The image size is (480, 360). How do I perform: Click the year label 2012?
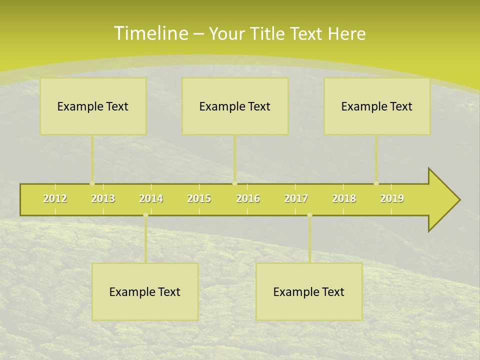coord(55,198)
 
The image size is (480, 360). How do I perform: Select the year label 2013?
coord(103,198)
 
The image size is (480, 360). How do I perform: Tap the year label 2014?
coord(151,198)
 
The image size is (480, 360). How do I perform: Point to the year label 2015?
coord(199,198)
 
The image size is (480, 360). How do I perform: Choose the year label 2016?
coord(248,198)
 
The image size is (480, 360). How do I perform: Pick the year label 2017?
coord(296,198)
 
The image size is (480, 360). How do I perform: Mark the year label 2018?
coord(344,198)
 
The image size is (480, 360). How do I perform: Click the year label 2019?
coord(392,198)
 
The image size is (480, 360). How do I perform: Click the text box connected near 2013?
coord(93,106)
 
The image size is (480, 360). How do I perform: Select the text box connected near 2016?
coord(235,106)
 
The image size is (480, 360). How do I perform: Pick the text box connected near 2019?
coord(377,106)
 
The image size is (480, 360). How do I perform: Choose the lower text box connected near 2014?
coord(145,291)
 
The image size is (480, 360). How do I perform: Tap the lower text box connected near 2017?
coord(309,291)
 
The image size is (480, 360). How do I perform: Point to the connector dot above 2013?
coord(92,183)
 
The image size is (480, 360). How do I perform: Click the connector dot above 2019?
coord(376,183)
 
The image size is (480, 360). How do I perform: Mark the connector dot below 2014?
coord(145,215)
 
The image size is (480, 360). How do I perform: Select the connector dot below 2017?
coord(309,215)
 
